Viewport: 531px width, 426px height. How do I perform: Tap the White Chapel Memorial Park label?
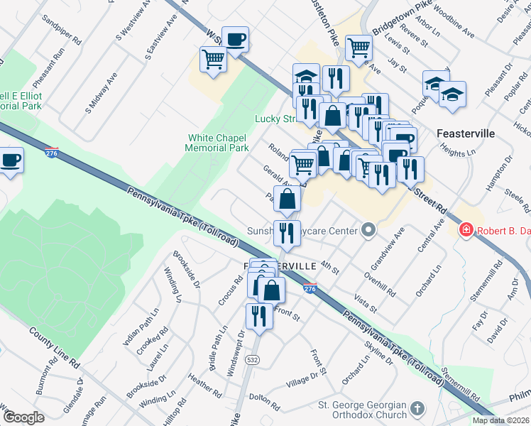[217, 143]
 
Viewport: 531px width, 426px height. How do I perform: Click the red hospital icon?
[466, 229]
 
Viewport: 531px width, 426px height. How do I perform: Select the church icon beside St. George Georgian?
[417, 409]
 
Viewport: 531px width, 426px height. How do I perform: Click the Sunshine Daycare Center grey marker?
[368, 229]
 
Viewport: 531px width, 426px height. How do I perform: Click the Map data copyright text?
[501, 420]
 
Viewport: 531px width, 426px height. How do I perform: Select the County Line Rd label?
[54, 347]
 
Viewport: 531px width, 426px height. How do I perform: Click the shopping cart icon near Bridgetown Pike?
[358, 48]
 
